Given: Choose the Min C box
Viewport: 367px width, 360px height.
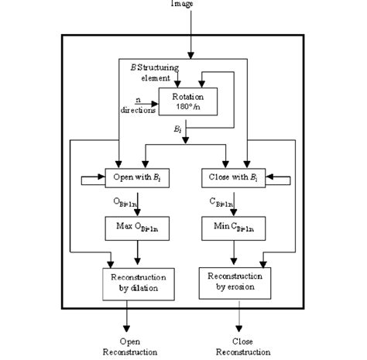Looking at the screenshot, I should point(237,228).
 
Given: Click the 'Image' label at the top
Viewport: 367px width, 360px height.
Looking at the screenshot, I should point(183,5).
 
